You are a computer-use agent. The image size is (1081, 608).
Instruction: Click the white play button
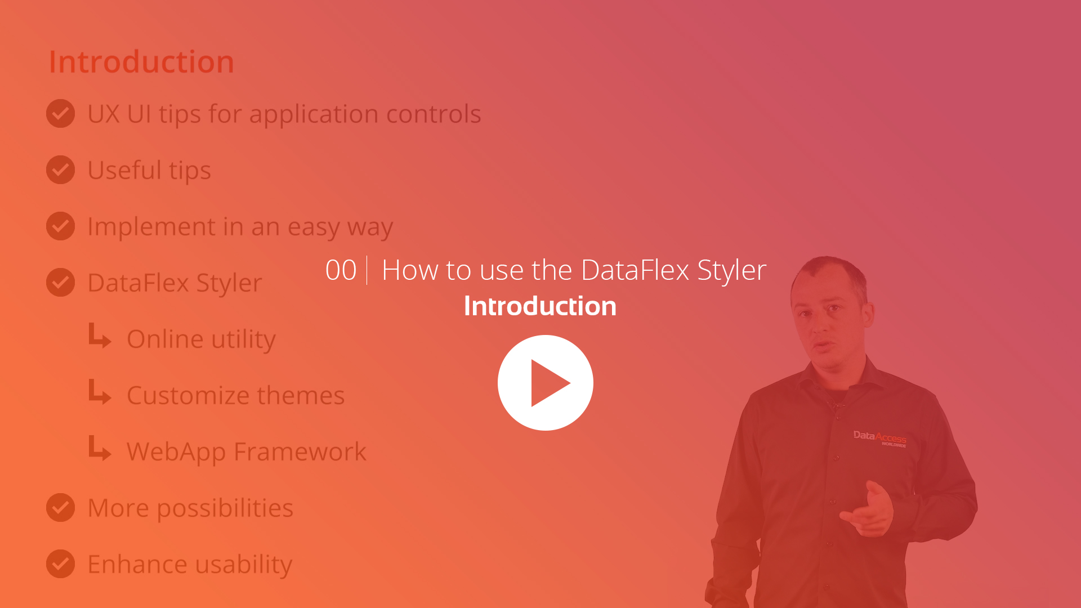pyautogui.click(x=545, y=383)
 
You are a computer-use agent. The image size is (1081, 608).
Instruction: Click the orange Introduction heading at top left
pyautogui.click(x=141, y=62)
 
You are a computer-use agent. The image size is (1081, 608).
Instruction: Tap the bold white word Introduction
pyautogui.click(x=540, y=306)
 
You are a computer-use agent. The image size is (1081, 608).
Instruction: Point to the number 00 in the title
pyautogui.click(x=341, y=270)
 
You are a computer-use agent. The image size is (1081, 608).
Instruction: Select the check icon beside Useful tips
pyautogui.click(x=60, y=169)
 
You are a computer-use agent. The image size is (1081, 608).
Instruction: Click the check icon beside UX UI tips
pyautogui.click(x=60, y=113)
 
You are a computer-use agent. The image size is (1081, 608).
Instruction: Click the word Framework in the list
pyautogui.click(x=300, y=451)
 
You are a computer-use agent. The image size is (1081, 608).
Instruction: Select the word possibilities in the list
pyautogui.click(x=225, y=509)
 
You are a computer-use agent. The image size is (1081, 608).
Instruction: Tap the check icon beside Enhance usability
pyautogui.click(x=60, y=564)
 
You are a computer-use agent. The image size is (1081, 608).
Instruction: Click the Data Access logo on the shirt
pyautogui.click(x=879, y=438)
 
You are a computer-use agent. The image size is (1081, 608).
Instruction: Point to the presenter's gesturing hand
pyautogui.click(x=868, y=509)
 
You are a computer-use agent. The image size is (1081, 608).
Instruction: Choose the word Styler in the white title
pyautogui.click(x=732, y=271)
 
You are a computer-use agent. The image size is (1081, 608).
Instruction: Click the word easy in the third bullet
pyautogui.click(x=314, y=227)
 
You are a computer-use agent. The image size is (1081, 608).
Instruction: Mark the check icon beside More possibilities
pyautogui.click(x=60, y=507)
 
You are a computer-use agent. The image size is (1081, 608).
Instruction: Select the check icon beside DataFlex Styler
pyautogui.click(x=60, y=282)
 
